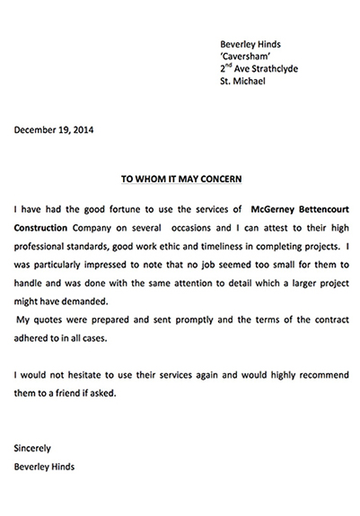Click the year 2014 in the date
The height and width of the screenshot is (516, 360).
pyautogui.click(x=80, y=130)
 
